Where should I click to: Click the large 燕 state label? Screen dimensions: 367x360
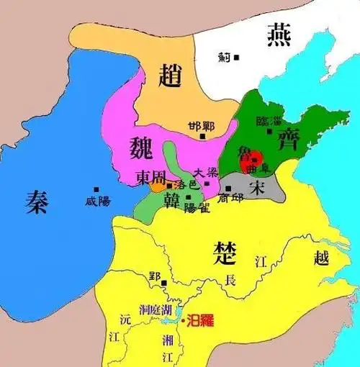tap(281, 34)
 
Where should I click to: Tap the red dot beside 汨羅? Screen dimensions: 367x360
tap(184, 320)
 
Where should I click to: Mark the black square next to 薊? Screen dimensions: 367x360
tap(236, 57)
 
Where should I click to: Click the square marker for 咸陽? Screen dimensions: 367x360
tap(96, 190)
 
